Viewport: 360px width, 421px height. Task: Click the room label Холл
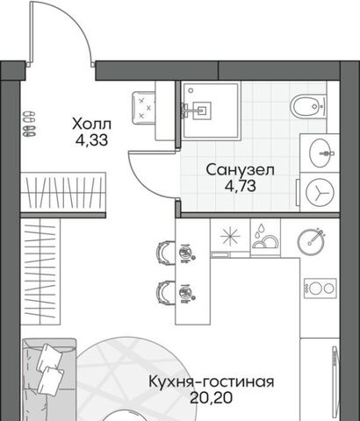click(x=91, y=125)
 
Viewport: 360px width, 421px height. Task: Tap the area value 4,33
click(x=91, y=140)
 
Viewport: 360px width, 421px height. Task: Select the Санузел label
click(x=241, y=170)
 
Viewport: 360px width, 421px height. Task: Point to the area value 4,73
click(x=241, y=186)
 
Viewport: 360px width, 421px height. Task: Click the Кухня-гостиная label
click(x=212, y=382)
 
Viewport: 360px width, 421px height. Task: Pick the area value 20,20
click(x=212, y=397)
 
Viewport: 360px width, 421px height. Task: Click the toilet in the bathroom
click(x=308, y=105)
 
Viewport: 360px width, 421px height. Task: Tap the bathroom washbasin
click(x=320, y=153)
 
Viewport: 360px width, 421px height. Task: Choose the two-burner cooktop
click(x=320, y=288)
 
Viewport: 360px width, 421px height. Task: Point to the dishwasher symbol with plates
click(x=265, y=238)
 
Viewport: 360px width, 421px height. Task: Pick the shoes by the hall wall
click(x=29, y=124)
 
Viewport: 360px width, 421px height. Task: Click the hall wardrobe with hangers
click(x=63, y=191)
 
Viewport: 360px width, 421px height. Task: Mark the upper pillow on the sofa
click(x=49, y=357)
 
